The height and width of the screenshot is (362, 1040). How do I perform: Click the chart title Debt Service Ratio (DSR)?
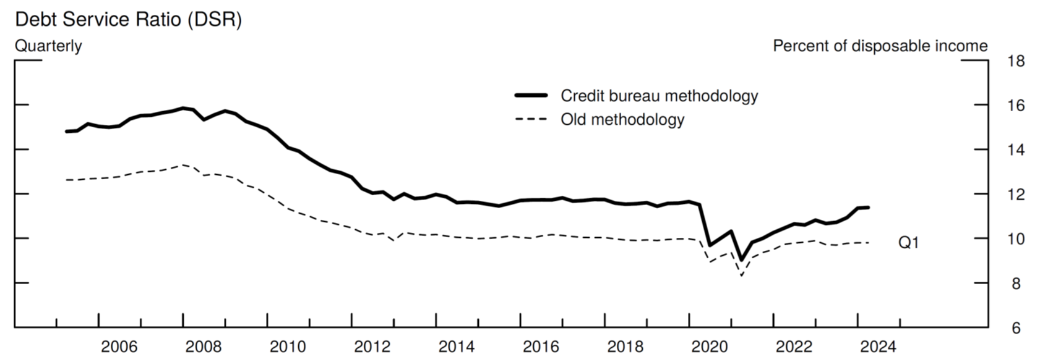point(128,20)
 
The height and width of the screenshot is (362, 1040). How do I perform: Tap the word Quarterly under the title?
point(48,46)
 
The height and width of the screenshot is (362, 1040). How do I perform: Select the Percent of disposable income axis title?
point(880,46)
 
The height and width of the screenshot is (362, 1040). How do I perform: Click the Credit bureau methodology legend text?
point(659,96)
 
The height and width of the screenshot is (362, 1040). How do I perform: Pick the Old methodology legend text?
point(622,119)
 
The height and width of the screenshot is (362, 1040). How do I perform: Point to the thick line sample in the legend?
point(531,96)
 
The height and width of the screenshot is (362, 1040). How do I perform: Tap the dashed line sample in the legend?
point(531,119)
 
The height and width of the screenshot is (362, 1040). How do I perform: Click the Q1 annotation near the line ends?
point(908,243)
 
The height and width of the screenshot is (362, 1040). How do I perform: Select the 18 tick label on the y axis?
point(1016,61)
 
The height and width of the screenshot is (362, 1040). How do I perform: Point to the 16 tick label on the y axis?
point(1016,106)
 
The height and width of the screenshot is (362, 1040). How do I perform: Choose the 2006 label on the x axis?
point(119,347)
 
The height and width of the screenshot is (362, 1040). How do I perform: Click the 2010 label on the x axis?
point(288,347)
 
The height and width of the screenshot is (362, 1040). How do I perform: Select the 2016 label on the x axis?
point(541,347)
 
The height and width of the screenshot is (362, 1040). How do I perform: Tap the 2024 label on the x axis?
point(878,347)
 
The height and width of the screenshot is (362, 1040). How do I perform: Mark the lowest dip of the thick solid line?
point(741,260)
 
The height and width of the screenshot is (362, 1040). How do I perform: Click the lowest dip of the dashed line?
point(741,275)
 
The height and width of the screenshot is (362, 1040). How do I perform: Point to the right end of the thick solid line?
point(869,208)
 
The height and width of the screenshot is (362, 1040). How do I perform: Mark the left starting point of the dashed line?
point(66,180)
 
